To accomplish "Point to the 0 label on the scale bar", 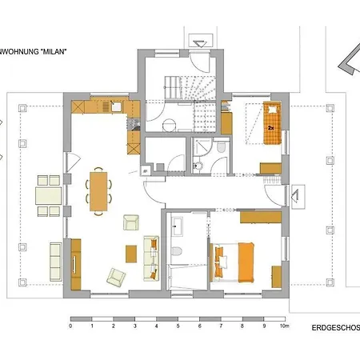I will [70, 326].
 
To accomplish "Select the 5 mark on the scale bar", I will [177, 326].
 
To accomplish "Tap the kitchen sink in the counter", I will [116, 106].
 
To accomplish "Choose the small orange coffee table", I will [131, 253].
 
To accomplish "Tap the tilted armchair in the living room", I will [116, 277].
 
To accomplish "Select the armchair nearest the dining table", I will [130, 222].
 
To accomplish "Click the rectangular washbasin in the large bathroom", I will [178, 226].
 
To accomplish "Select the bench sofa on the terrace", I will [55, 259].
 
